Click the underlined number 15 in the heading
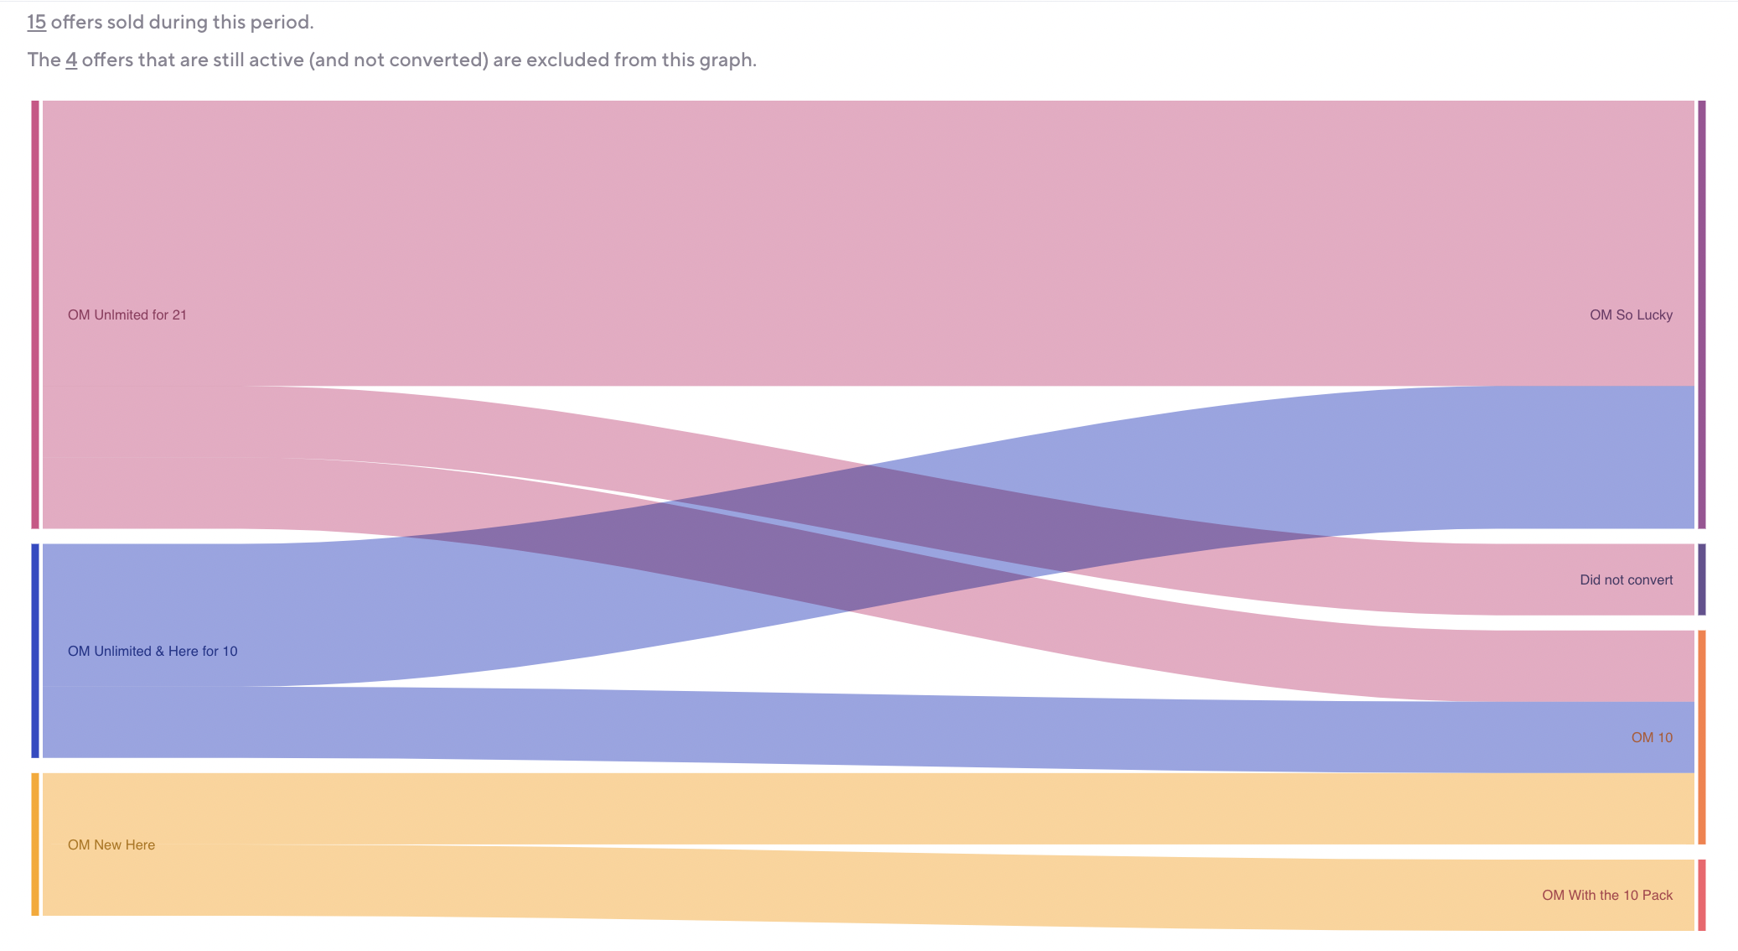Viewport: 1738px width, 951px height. pos(36,23)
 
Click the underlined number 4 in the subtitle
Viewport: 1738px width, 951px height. pos(71,60)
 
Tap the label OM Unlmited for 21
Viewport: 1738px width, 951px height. pos(127,315)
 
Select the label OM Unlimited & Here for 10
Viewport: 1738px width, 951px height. pos(153,652)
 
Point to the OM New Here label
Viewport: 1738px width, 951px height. pos(111,845)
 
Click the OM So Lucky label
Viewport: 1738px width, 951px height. pos(1631,315)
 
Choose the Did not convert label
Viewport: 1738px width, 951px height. pos(1626,580)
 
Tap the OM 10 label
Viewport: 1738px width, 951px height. pos(1652,738)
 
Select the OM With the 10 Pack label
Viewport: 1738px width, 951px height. pos(1607,896)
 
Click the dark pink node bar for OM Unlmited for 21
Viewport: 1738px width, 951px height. pos(35,314)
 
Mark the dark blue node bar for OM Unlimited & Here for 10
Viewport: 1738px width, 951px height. pos(35,651)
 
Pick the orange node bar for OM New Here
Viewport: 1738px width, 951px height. pos(35,844)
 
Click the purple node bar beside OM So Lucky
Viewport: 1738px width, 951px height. pos(1701,314)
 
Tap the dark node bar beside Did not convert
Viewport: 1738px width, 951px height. pos(1701,579)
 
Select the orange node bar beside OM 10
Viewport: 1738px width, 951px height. pos(1701,737)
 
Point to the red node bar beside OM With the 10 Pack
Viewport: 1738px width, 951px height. pos(1701,895)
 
